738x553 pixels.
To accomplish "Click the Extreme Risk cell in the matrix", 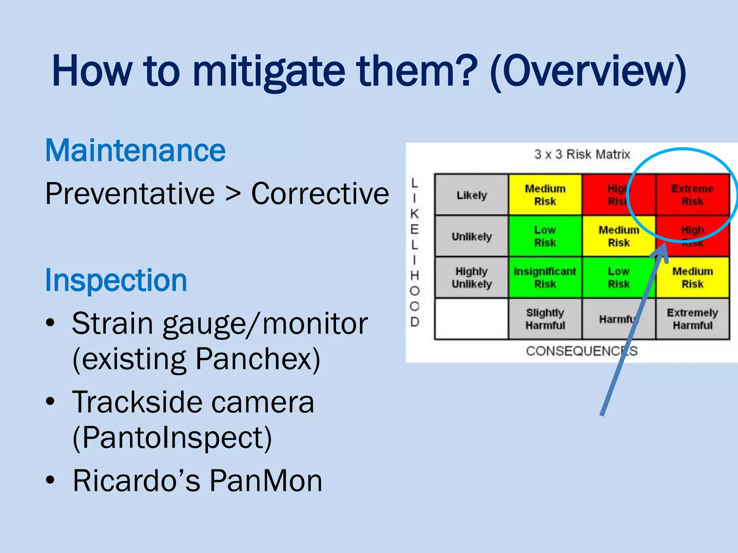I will (x=692, y=195).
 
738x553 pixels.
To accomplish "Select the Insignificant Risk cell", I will (x=545, y=278).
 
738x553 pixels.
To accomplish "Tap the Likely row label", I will (x=471, y=195).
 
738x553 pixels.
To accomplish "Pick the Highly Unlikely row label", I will (x=471, y=278).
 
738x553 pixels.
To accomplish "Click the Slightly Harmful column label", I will (x=545, y=319).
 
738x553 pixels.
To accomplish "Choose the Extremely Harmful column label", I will (x=692, y=319).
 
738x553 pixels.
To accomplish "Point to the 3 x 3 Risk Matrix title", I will (x=582, y=154).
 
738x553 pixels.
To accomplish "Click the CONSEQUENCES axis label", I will (x=582, y=351).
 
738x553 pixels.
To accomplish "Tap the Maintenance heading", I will (x=135, y=150).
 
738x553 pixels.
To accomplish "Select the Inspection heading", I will (x=116, y=280).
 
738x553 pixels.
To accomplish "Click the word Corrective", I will (x=320, y=194).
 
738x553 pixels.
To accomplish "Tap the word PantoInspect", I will (x=172, y=438).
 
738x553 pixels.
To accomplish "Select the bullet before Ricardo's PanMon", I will (x=50, y=480).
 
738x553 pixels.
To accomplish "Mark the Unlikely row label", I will (x=471, y=237).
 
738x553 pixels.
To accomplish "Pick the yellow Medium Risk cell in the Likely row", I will (x=545, y=195).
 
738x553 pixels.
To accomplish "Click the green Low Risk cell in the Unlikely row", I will (x=545, y=236).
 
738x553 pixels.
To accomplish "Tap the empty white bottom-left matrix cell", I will (x=471, y=319).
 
